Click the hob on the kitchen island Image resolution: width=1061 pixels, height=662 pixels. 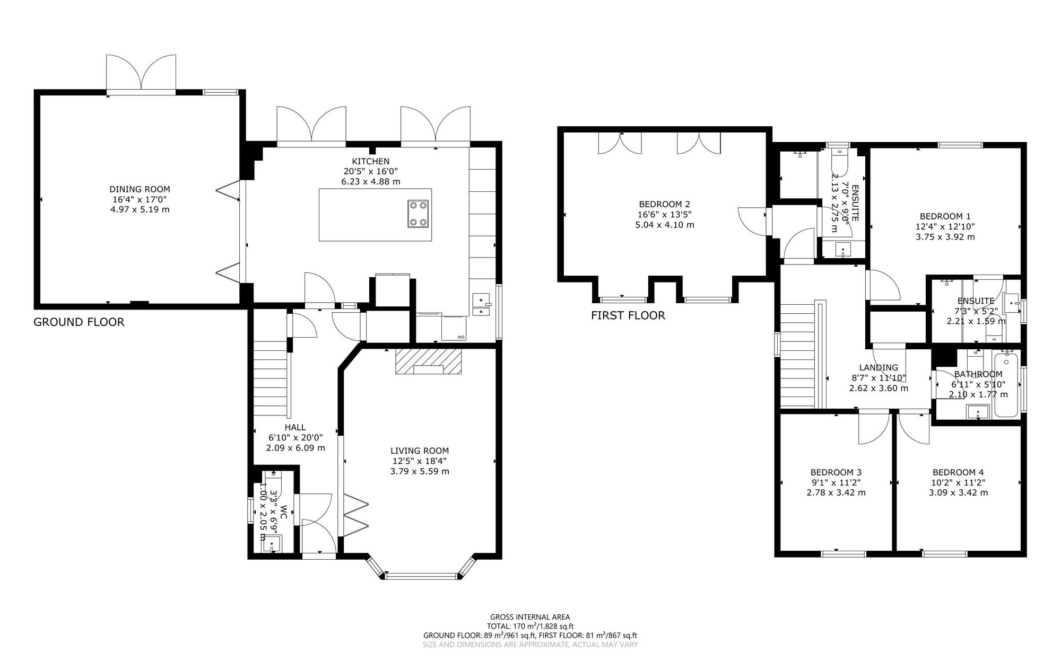tap(418, 214)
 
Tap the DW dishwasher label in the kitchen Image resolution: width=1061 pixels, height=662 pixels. tap(461, 338)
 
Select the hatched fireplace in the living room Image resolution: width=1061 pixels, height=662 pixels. tap(429, 361)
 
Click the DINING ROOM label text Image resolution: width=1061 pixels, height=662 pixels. tap(140, 189)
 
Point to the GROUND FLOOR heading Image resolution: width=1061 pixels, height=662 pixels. tap(79, 322)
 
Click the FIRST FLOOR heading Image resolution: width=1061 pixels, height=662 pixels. tap(628, 316)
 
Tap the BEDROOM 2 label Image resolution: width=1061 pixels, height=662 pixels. tap(664, 204)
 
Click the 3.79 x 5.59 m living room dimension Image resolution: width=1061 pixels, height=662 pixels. tap(420, 471)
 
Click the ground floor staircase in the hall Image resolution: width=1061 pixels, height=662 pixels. tap(271, 379)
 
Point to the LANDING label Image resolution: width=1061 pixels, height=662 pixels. tap(879, 368)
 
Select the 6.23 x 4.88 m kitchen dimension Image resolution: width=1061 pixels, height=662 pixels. tap(370, 181)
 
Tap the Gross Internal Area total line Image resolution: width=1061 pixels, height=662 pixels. tap(530, 626)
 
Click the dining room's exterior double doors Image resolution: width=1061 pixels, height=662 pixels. tap(141, 74)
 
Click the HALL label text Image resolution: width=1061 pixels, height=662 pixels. tap(295, 427)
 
